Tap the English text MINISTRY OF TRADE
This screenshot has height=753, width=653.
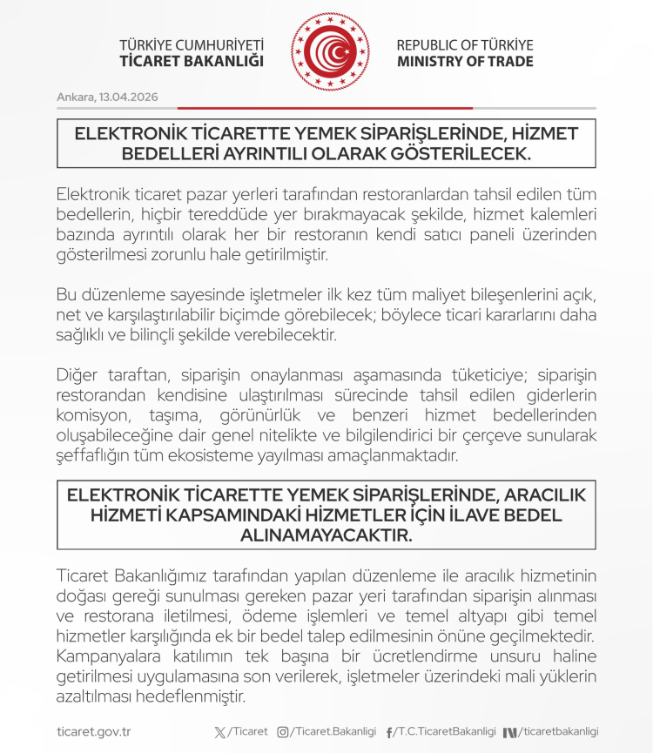tap(465, 62)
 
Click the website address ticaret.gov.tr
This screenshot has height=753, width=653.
tap(93, 732)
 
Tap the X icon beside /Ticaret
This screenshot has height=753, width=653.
tap(219, 732)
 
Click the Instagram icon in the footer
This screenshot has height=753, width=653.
tap(282, 732)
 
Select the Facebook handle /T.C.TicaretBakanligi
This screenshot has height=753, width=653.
tap(445, 732)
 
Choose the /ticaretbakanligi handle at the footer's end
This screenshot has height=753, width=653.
tap(560, 732)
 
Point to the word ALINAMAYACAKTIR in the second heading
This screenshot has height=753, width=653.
tap(326, 535)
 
